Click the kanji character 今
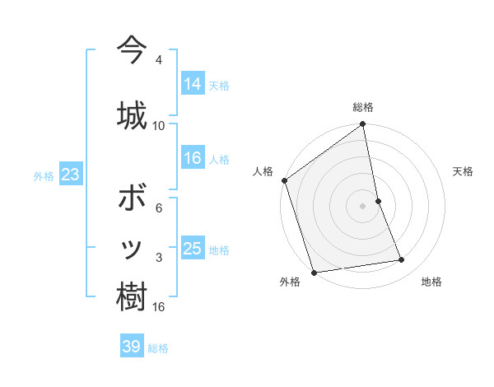pyautogui.click(x=132, y=50)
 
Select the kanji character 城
pyautogui.click(x=132, y=113)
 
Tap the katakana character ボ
pyautogui.click(x=132, y=198)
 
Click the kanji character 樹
pyautogui.click(x=132, y=296)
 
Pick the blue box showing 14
pyautogui.click(x=193, y=84)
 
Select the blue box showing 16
pyautogui.click(x=193, y=159)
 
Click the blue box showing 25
pyautogui.click(x=193, y=249)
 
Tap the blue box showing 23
pyautogui.click(x=70, y=175)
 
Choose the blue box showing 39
pyautogui.click(x=132, y=347)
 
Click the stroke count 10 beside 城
pyautogui.click(x=159, y=125)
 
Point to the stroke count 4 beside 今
pyautogui.click(x=159, y=60)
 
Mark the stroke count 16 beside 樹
pyautogui.click(x=159, y=307)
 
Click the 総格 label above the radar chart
pyautogui.click(x=363, y=107)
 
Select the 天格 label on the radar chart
pyautogui.click(x=463, y=171)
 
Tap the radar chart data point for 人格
pyautogui.click(x=285, y=180)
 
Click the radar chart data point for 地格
pyautogui.click(x=402, y=260)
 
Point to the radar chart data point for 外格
pyautogui.click(x=314, y=272)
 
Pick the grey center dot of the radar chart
pyautogui.click(x=363, y=205)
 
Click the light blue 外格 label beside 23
pyautogui.click(x=44, y=175)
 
